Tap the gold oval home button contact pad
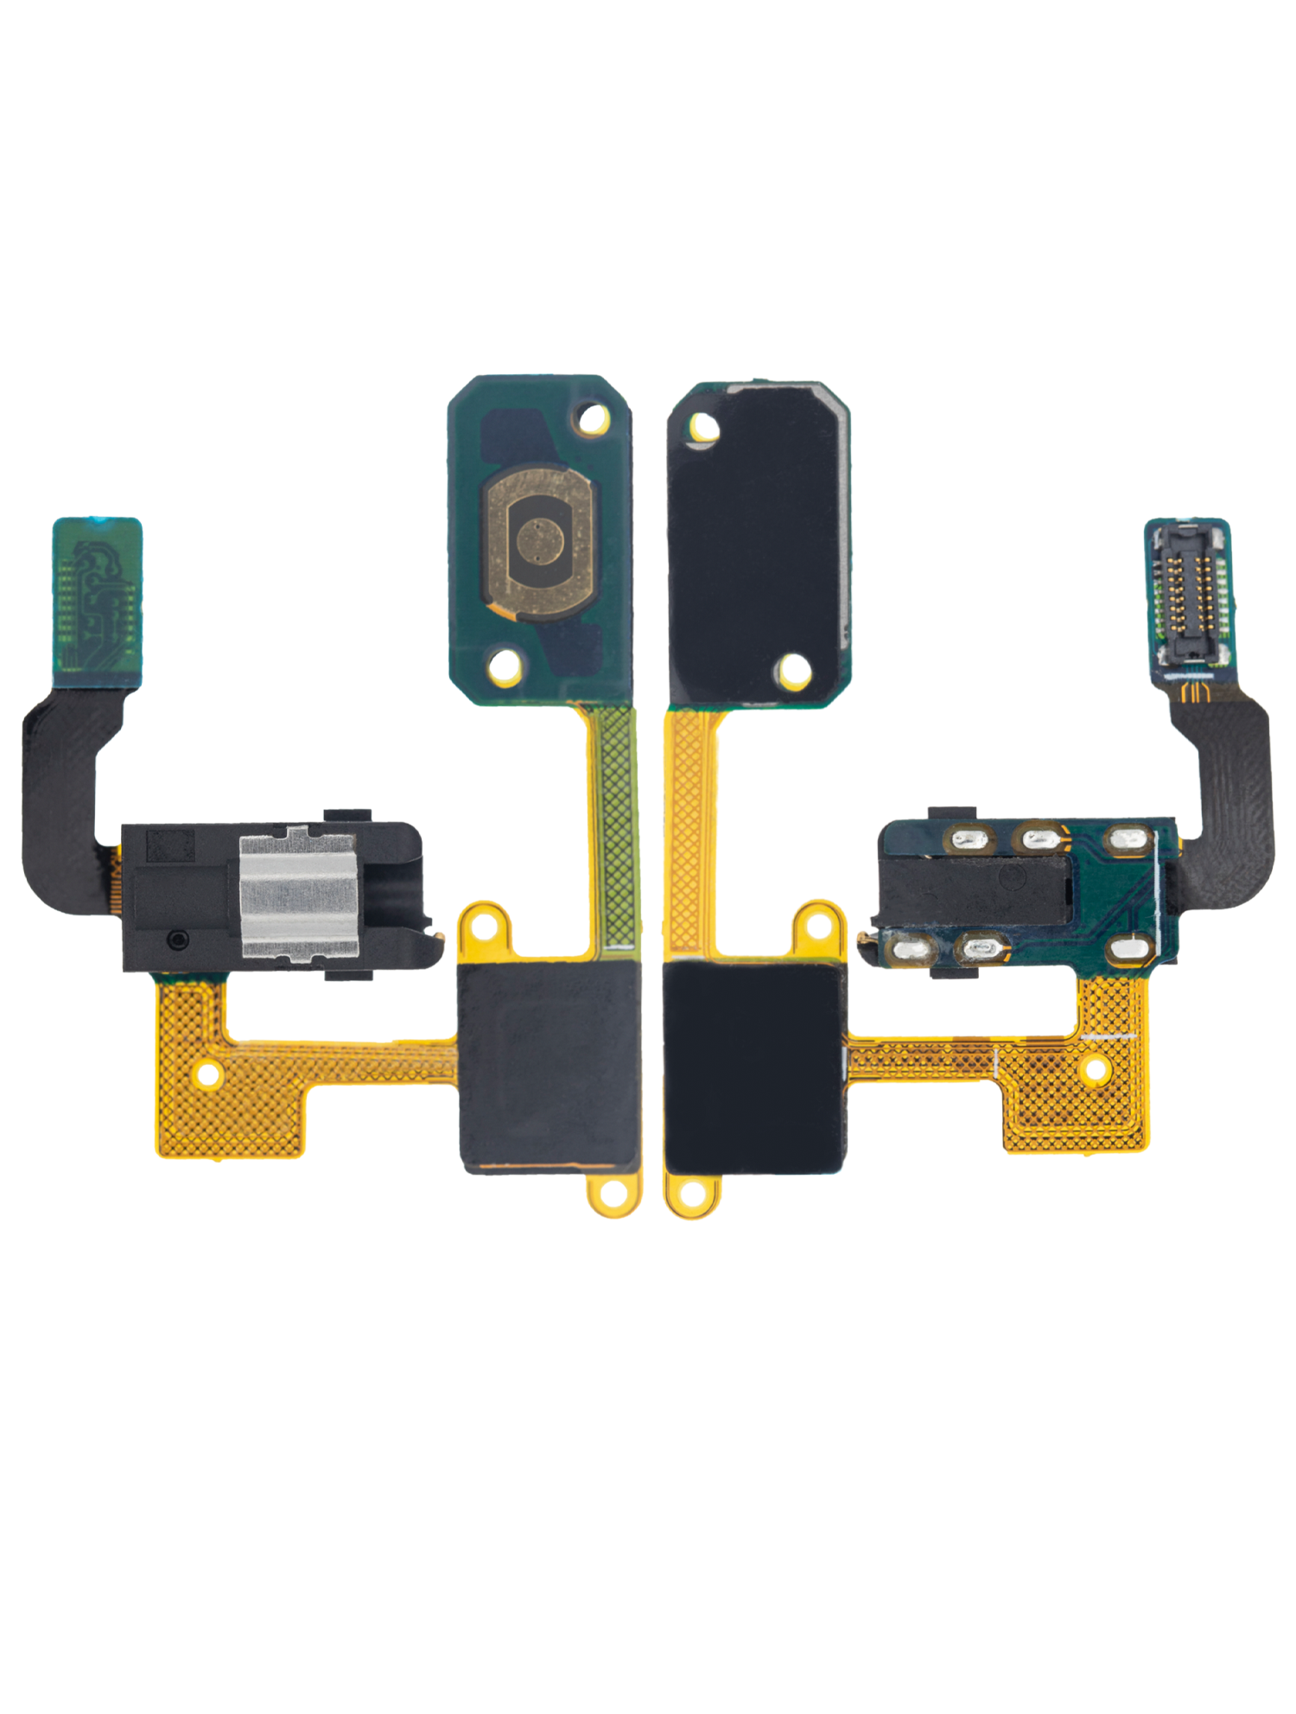(x=541, y=541)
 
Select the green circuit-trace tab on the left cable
(x=97, y=602)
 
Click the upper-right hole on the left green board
(x=593, y=419)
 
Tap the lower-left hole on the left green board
(x=505, y=666)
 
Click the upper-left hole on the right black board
(x=702, y=426)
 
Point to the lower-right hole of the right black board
(x=793, y=670)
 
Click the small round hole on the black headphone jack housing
(x=178, y=939)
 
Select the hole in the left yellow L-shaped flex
(x=208, y=1074)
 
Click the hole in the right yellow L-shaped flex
(x=1095, y=1069)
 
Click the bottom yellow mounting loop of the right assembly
(x=691, y=1196)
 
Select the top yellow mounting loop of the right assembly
(x=816, y=924)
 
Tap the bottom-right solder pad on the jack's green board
(x=1130, y=950)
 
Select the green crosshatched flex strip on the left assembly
(x=618, y=830)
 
